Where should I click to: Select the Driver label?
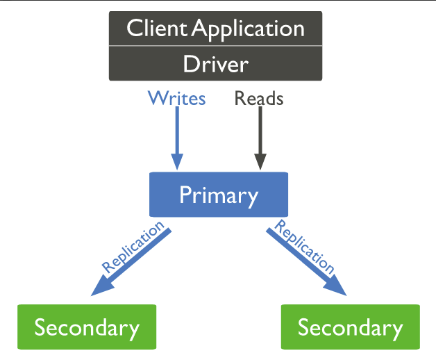click(215, 64)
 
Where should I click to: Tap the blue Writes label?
click(176, 99)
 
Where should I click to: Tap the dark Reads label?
click(259, 99)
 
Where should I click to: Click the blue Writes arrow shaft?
click(177, 132)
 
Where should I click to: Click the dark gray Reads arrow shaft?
click(260, 132)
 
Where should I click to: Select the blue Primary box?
click(218, 195)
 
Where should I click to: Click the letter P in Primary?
click(185, 195)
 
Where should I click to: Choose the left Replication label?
click(133, 246)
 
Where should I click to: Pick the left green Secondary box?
click(87, 327)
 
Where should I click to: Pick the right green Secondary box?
click(350, 327)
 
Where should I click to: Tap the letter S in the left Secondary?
click(40, 327)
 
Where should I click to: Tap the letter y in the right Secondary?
click(396, 329)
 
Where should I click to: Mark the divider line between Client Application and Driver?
click(215, 47)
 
